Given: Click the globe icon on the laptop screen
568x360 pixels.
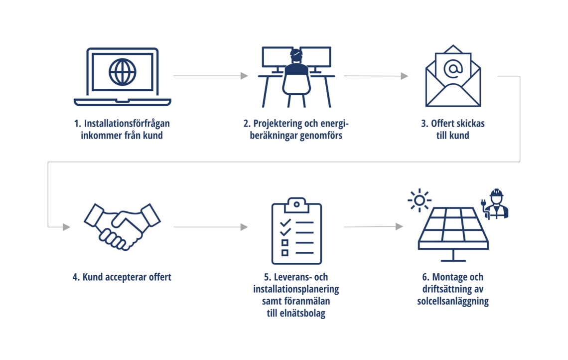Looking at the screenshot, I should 122,72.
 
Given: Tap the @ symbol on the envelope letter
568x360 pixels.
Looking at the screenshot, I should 453,69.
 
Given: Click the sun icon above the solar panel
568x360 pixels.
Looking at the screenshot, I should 419,200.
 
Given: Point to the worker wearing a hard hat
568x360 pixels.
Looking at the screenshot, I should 496,205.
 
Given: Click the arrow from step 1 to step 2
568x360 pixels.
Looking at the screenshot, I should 210,76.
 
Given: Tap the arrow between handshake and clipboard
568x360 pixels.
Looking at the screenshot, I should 210,227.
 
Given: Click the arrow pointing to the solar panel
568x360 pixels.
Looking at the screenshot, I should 373,226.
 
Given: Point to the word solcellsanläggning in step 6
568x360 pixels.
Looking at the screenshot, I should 453,301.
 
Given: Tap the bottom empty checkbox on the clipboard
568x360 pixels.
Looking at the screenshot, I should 285,253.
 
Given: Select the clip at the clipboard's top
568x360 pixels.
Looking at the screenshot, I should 296,203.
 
